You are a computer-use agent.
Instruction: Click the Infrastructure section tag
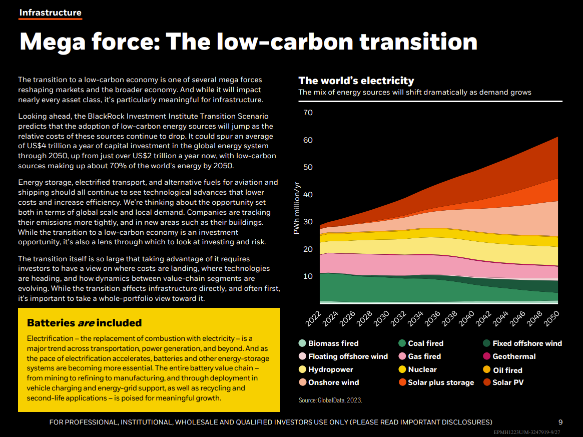pyautogui.click(x=50, y=13)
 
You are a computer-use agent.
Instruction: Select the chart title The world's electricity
pyautogui.click(x=356, y=81)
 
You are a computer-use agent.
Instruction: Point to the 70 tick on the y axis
pyautogui.click(x=308, y=113)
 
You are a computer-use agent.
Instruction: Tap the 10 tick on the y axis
pyautogui.click(x=308, y=276)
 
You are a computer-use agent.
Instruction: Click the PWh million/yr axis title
pyautogui.click(x=297, y=206)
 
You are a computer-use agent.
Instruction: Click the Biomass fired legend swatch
pyautogui.click(x=302, y=343)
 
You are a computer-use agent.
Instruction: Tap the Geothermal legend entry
pyautogui.click(x=514, y=356)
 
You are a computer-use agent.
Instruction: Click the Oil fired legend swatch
pyautogui.click(x=486, y=370)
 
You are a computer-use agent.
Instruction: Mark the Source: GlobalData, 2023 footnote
pyautogui.click(x=330, y=400)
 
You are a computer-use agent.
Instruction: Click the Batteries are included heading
pyautogui.click(x=84, y=323)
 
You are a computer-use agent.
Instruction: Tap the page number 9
pyautogui.click(x=560, y=422)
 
